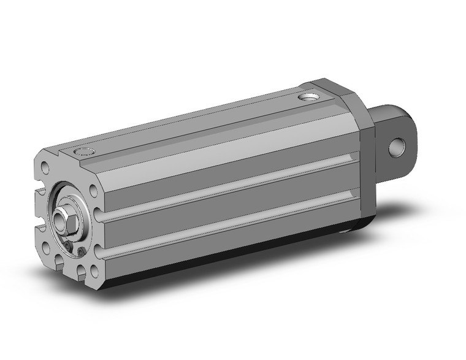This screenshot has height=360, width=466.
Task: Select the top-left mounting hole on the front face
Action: pyautogui.click(x=45, y=166)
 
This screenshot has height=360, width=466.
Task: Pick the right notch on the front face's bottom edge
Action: pyautogui.click(x=82, y=272)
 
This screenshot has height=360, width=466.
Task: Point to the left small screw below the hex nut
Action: pyautogui.click(x=70, y=247)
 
